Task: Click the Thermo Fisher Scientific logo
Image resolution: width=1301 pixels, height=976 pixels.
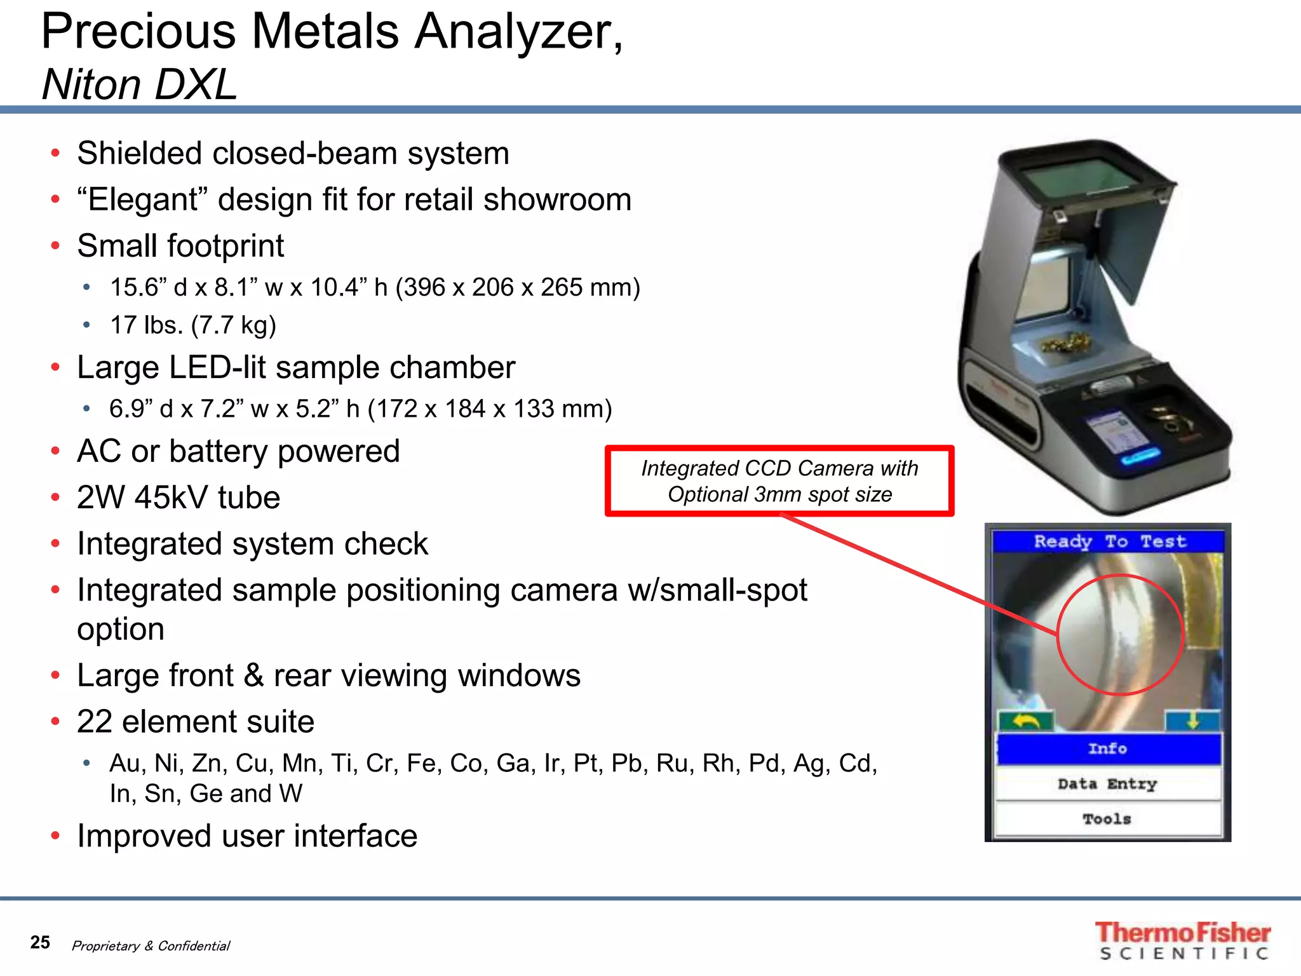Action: pyautogui.click(x=1183, y=940)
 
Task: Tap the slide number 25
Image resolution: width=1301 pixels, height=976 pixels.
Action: pyautogui.click(x=40, y=942)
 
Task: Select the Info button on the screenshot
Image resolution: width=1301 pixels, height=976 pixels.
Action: pyautogui.click(x=1108, y=749)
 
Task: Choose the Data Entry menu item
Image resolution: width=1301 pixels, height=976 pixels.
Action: pyautogui.click(x=1108, y=784)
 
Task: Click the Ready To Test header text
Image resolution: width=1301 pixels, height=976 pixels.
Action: pyautogui.click(x=1109, y=541)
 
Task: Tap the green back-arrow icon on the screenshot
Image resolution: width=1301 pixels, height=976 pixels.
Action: pyautogui.click(x=1025, y=721)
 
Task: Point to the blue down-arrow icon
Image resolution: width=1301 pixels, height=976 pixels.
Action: pyautogui.click(x=1192, y=720)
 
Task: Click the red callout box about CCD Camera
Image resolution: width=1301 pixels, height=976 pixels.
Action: pyautogui.click(x=779, y=481)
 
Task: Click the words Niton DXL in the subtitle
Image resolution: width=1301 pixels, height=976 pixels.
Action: pyautogui.click(x=140, y=85)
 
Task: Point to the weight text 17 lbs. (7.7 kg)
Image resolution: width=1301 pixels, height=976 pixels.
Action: pyautogui.click(x=193, y=325)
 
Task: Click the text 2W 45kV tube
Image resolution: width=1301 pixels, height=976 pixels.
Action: pyautogui.click(x=179, y=498)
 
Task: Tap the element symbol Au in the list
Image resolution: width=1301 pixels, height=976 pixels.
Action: pyautogui.click(x=125, y=763)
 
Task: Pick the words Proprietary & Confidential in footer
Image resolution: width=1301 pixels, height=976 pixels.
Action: pyautogui.click(x=151, y=945)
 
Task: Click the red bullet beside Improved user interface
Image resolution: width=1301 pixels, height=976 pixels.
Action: pyautogui.click(x=56, y=836)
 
